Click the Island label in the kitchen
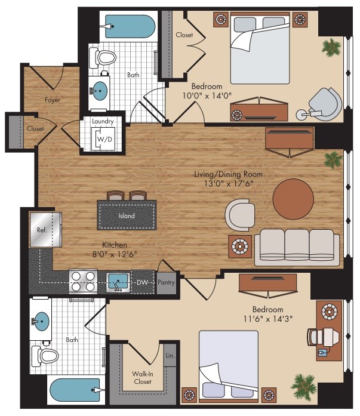tap(127, 215)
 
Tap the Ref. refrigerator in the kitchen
tap(45, 230)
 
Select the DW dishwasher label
tap(142, 282)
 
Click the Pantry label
tap(167, 282)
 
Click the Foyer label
tap(53, 100)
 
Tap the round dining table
tap(293, 199)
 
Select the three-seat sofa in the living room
tap(297, 247)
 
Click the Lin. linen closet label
tap(170, 356)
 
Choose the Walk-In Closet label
tap(143, 378)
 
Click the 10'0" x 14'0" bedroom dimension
tap(207, 95)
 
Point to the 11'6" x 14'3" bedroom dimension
tap(268, 318)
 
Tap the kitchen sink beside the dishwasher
tap(118, 282)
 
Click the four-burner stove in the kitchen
tap(83, 282)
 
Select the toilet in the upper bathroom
tap(103, 57)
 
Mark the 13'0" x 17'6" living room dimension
tap(229, 183)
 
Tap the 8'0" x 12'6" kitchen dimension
tap(115, 254)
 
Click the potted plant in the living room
tap(333, 160)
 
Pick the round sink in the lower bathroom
tap(41, 321)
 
